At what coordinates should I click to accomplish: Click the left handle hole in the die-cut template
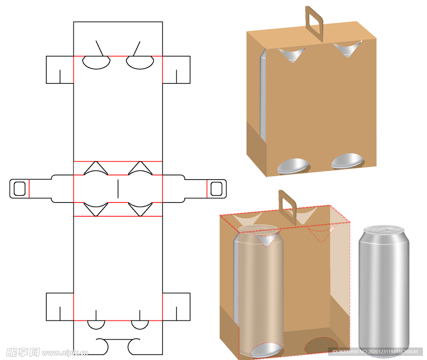click(20, 189)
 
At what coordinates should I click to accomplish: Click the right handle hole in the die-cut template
click(216, 189)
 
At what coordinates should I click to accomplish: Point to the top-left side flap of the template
click(60, 70)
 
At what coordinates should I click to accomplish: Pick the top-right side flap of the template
click(176, 70)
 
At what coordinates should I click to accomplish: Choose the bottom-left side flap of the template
click(60, 307)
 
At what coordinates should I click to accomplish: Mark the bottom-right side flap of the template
click(176, 307)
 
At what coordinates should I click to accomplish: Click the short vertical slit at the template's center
click(118, 188)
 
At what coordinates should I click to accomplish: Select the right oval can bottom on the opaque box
click(347, 161)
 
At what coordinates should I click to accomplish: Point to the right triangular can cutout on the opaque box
click(347, 48)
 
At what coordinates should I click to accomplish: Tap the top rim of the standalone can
click(384, 229)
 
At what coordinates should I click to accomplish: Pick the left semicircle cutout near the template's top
click(96, 62)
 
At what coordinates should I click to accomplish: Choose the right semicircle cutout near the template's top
click(140, 62)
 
